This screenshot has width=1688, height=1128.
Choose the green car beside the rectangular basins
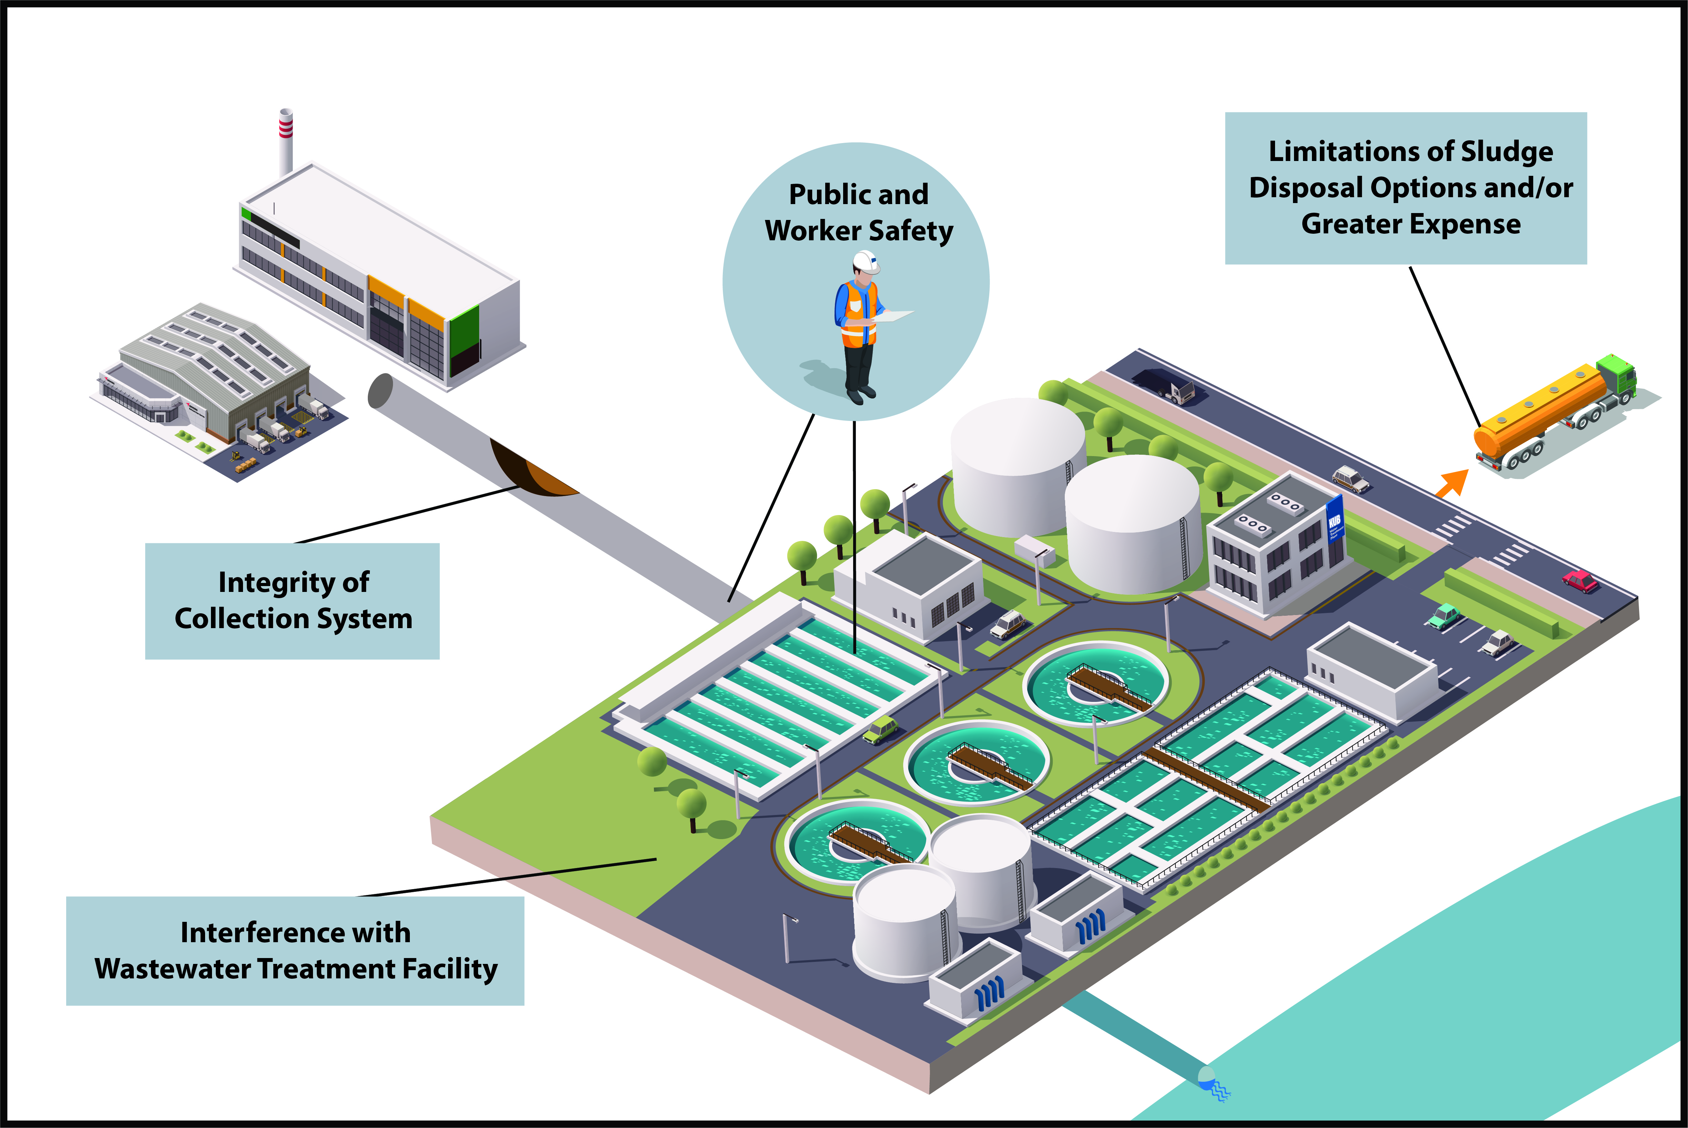click(880, 730)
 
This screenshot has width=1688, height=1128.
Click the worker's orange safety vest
click(858, 313)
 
